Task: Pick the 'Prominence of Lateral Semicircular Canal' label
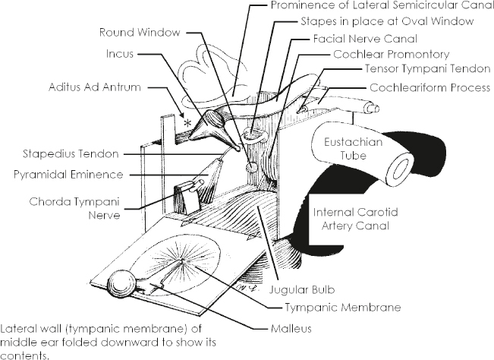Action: pyautogui.click(x=376, y=6)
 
